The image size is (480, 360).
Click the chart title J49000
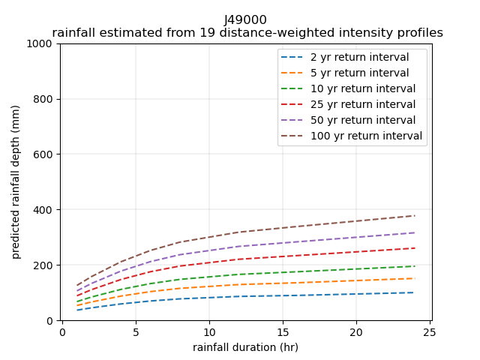coord(245,19)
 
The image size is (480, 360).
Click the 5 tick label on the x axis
coord(136,331)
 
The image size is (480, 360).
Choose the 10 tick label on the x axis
coord(209,331)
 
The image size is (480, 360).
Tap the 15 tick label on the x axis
coord(283,331)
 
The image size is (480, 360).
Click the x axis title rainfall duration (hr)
coord(245,347)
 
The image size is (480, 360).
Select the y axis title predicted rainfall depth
coord(16,181)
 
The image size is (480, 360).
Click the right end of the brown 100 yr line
coord(414,216)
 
